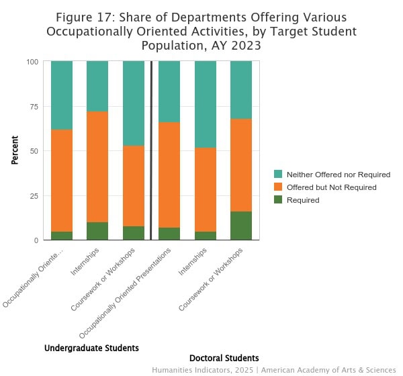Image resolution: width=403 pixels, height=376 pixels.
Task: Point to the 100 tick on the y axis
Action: [32, 62]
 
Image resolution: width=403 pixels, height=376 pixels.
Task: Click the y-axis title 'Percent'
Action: [15, 151]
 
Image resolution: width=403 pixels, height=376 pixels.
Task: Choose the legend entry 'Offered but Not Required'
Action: [331, 187]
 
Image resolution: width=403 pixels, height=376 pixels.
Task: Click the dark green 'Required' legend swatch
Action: [279, 200]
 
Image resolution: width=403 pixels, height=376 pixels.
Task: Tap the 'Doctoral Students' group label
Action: [224, 358]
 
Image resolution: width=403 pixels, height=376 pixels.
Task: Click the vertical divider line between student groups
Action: [151, 151]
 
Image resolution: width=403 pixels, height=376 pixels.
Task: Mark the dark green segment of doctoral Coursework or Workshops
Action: [241, 226]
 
